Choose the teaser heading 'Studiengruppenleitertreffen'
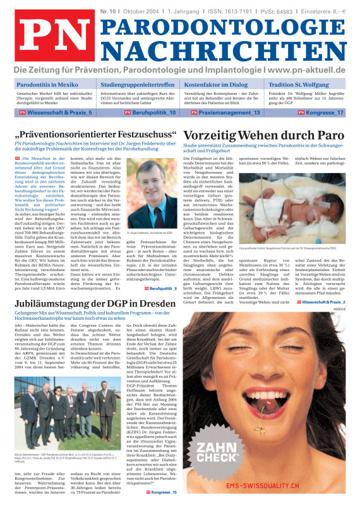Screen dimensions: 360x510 pos(137,84)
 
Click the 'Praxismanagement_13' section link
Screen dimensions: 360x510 pos(224,112)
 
